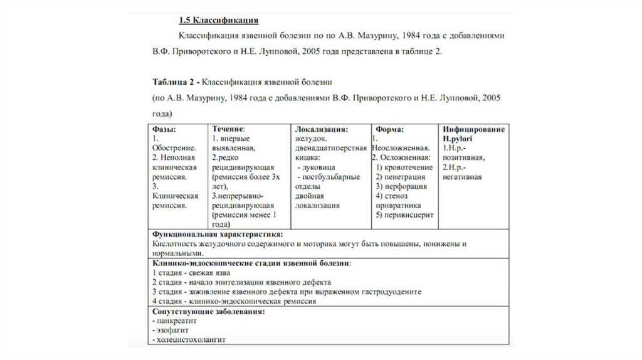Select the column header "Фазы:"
[164, 129]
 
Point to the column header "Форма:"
[390, 129]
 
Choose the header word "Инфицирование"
[473, 129]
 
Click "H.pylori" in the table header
[458, 138]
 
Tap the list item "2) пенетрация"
[401, 177]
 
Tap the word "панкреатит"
[175, 320]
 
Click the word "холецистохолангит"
[191, 339]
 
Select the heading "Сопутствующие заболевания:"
[208, 311]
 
